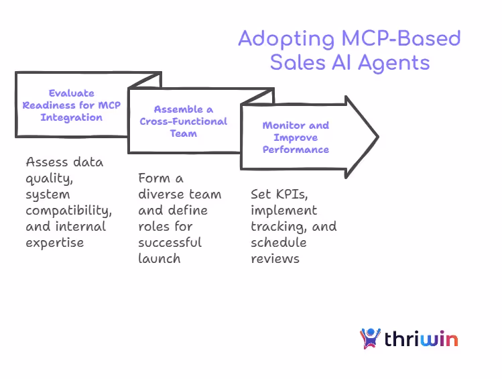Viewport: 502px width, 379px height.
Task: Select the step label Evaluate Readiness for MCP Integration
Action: click(72, 105)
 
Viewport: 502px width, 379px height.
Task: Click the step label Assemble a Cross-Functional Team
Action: click(183, 121)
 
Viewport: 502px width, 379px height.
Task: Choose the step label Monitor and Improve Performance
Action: click(296, 138)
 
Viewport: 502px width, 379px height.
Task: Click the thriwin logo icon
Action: click(370, 338)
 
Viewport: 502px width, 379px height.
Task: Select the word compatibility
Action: click(68, 210)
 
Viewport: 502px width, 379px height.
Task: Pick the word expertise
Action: click(55, 242)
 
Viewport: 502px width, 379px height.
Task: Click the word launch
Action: click(159, 258)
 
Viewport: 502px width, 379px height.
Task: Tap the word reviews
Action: click(275, 258)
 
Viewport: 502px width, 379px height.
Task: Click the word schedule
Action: click(278, 242)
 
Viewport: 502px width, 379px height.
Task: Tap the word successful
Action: click(170, 242)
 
